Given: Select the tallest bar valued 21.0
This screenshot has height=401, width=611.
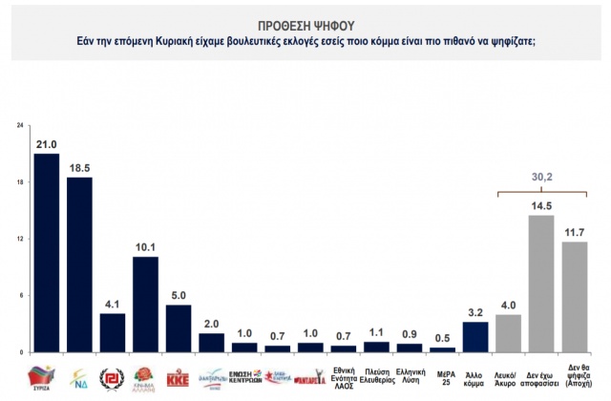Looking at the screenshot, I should click(46, 252).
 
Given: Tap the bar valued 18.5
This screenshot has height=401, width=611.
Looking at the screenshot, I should click(79, 264).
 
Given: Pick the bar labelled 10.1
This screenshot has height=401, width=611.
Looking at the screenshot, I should click(146, 304).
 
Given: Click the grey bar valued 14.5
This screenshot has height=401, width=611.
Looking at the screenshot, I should click(541, 284).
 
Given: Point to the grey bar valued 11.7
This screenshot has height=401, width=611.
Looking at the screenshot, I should click(574, 297).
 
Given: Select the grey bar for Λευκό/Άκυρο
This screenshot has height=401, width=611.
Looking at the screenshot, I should click(508, 333).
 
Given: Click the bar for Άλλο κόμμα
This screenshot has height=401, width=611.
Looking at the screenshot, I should click(474, 337).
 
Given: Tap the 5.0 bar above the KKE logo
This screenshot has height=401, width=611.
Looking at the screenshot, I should click(179, 328).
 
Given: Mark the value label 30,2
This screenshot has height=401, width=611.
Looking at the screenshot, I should click(541, 177).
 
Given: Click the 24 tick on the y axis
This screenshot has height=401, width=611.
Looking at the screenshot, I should click(20, 125).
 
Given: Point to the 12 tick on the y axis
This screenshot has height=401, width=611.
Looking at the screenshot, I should click(20, 239).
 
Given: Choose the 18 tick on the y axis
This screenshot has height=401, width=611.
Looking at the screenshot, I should click(20, 182).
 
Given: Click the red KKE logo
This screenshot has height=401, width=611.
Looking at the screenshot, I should click(179, 373).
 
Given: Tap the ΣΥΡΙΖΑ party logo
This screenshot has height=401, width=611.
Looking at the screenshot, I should click(46, 373).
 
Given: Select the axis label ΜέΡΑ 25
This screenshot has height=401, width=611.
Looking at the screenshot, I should click(442, 373).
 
